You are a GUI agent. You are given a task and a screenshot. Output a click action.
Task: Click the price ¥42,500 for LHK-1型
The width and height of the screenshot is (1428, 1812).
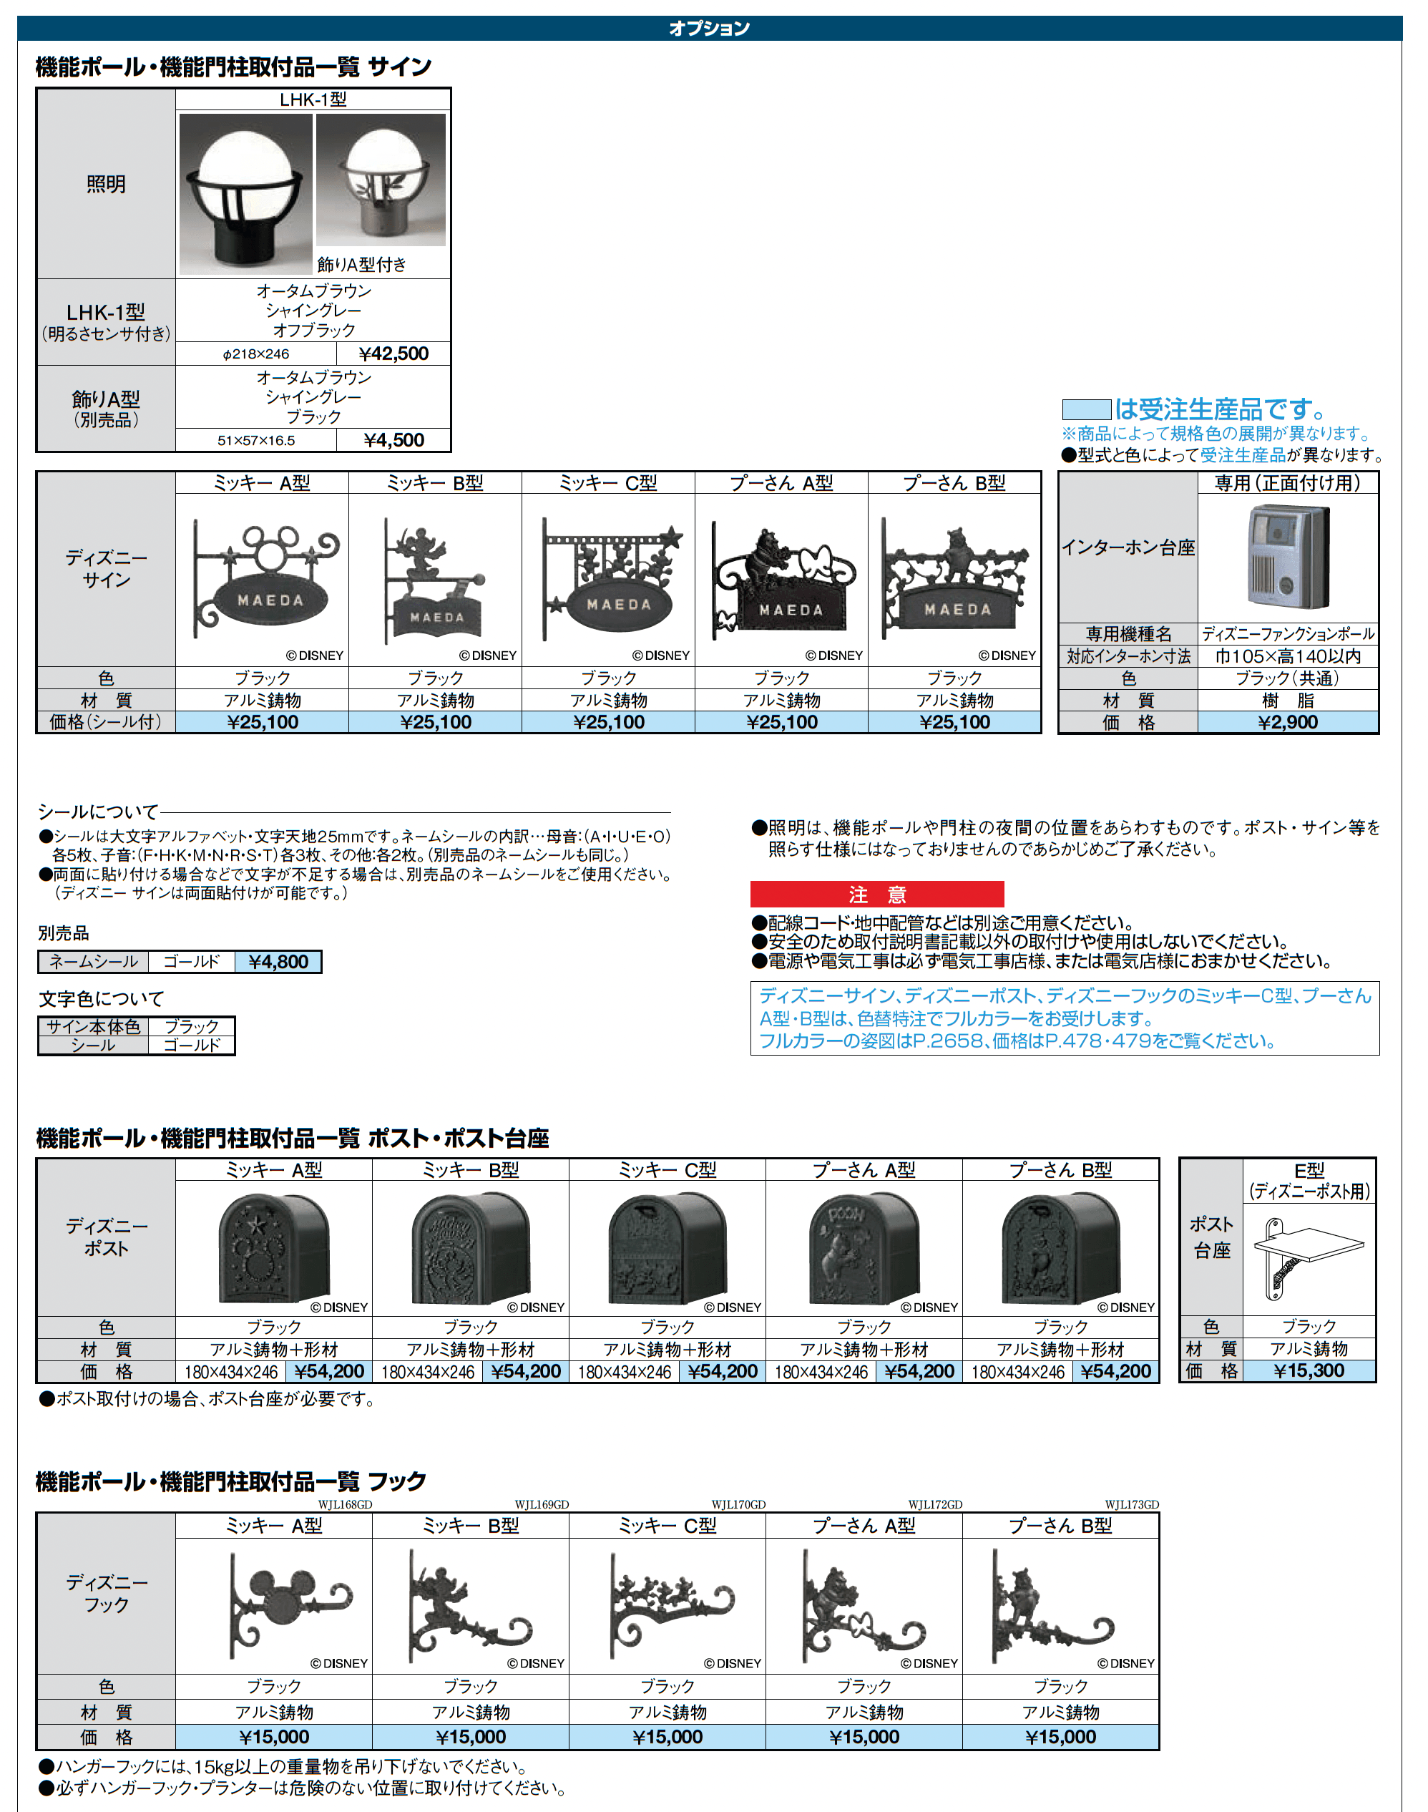point(393,354)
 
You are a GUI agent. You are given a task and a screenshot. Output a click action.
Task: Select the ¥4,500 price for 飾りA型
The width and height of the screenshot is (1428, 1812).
point(393,441)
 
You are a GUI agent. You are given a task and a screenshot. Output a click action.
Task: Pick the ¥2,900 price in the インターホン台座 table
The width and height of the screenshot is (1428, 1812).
point(1288,723)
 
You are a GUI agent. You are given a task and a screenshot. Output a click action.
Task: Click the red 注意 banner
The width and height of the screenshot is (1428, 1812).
point(876,895)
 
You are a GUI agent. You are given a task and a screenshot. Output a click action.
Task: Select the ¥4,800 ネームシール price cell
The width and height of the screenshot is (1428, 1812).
point(278,962)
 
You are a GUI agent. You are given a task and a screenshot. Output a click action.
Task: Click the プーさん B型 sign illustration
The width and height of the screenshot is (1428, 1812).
point(955,579)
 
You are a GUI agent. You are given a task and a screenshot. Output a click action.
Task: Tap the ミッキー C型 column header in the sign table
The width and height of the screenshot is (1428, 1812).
point(608,483)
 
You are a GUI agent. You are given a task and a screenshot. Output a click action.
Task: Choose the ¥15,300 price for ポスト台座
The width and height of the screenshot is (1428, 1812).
point(1309,1370)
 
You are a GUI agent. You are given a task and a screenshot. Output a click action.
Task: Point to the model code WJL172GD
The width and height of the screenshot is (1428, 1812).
point(935,1504)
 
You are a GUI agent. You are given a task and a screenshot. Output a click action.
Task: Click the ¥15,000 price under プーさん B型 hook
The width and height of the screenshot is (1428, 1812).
point(1060,1737)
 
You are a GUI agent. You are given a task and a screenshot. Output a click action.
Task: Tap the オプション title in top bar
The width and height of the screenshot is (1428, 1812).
point(709,29)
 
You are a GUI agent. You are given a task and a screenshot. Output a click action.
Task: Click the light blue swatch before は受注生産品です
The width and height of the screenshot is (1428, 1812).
point(1086,410)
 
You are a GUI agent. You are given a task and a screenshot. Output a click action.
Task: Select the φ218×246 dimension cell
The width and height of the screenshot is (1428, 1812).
point(256,354)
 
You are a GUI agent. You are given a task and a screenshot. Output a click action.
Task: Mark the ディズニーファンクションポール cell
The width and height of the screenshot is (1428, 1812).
point(1288,634)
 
